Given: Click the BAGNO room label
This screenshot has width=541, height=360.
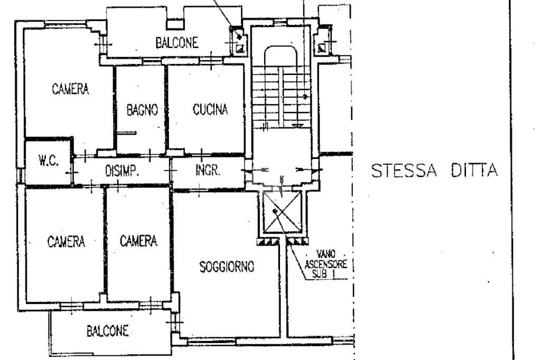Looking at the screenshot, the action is coord(142,110).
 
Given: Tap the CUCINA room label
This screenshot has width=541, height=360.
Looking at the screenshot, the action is coord(210,109).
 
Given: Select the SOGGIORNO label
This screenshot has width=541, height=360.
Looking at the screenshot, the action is coord(227,267).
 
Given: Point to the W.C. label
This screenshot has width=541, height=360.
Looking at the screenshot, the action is coord(48,160).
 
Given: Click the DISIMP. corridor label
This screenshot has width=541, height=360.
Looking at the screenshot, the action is coord(122,171).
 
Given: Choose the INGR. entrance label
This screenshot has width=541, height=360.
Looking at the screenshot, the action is coord(207,170).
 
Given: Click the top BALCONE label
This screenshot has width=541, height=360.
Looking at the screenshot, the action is coord(176,43).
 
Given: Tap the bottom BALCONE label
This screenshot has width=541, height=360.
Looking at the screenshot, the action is coord(107,331).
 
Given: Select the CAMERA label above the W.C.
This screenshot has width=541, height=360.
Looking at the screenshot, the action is coord(70,89).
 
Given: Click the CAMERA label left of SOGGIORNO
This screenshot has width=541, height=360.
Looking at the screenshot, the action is coord(138,241).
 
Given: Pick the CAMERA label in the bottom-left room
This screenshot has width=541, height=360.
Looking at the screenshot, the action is coord(66,241).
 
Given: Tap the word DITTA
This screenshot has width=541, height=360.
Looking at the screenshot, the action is coord(474,170).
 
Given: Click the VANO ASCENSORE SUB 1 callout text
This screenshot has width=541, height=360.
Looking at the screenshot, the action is coord(325,264).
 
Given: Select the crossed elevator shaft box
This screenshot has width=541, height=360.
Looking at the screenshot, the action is coord(282,212).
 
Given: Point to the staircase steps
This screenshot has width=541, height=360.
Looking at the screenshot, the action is coord(281,98).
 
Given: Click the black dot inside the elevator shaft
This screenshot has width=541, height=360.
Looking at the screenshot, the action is coord(275,211).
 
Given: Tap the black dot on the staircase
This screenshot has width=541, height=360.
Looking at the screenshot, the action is coord(305,97).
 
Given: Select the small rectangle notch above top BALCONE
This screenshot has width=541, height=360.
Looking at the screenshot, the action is coord(175,25).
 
